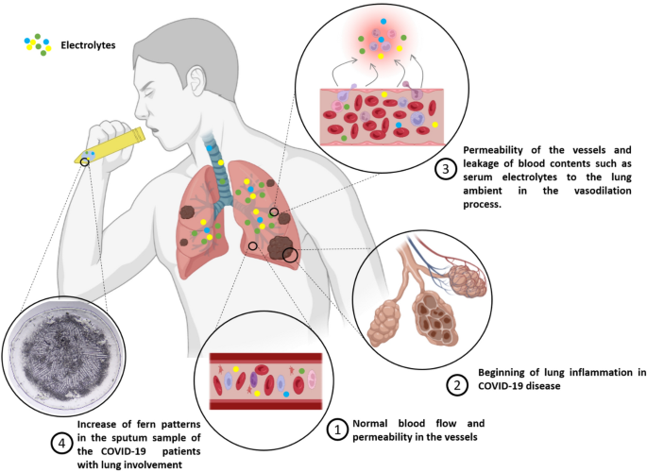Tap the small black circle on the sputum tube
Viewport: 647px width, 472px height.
[x=86, y=161]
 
